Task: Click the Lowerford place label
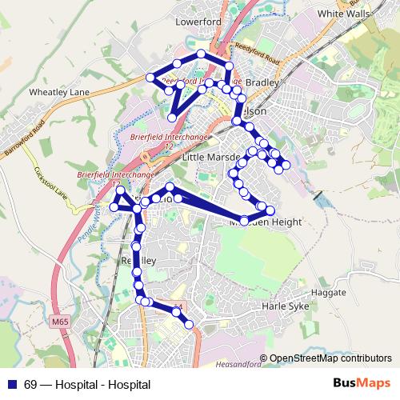(198, 22)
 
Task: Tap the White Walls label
(345, 14)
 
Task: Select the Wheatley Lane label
(59, 93)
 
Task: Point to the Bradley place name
(261, 82)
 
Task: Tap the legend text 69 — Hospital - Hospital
(76, 385)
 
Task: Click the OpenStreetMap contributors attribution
(330, 358)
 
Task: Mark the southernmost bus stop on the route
(190, 324)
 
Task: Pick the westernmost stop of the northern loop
(150, 78)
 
